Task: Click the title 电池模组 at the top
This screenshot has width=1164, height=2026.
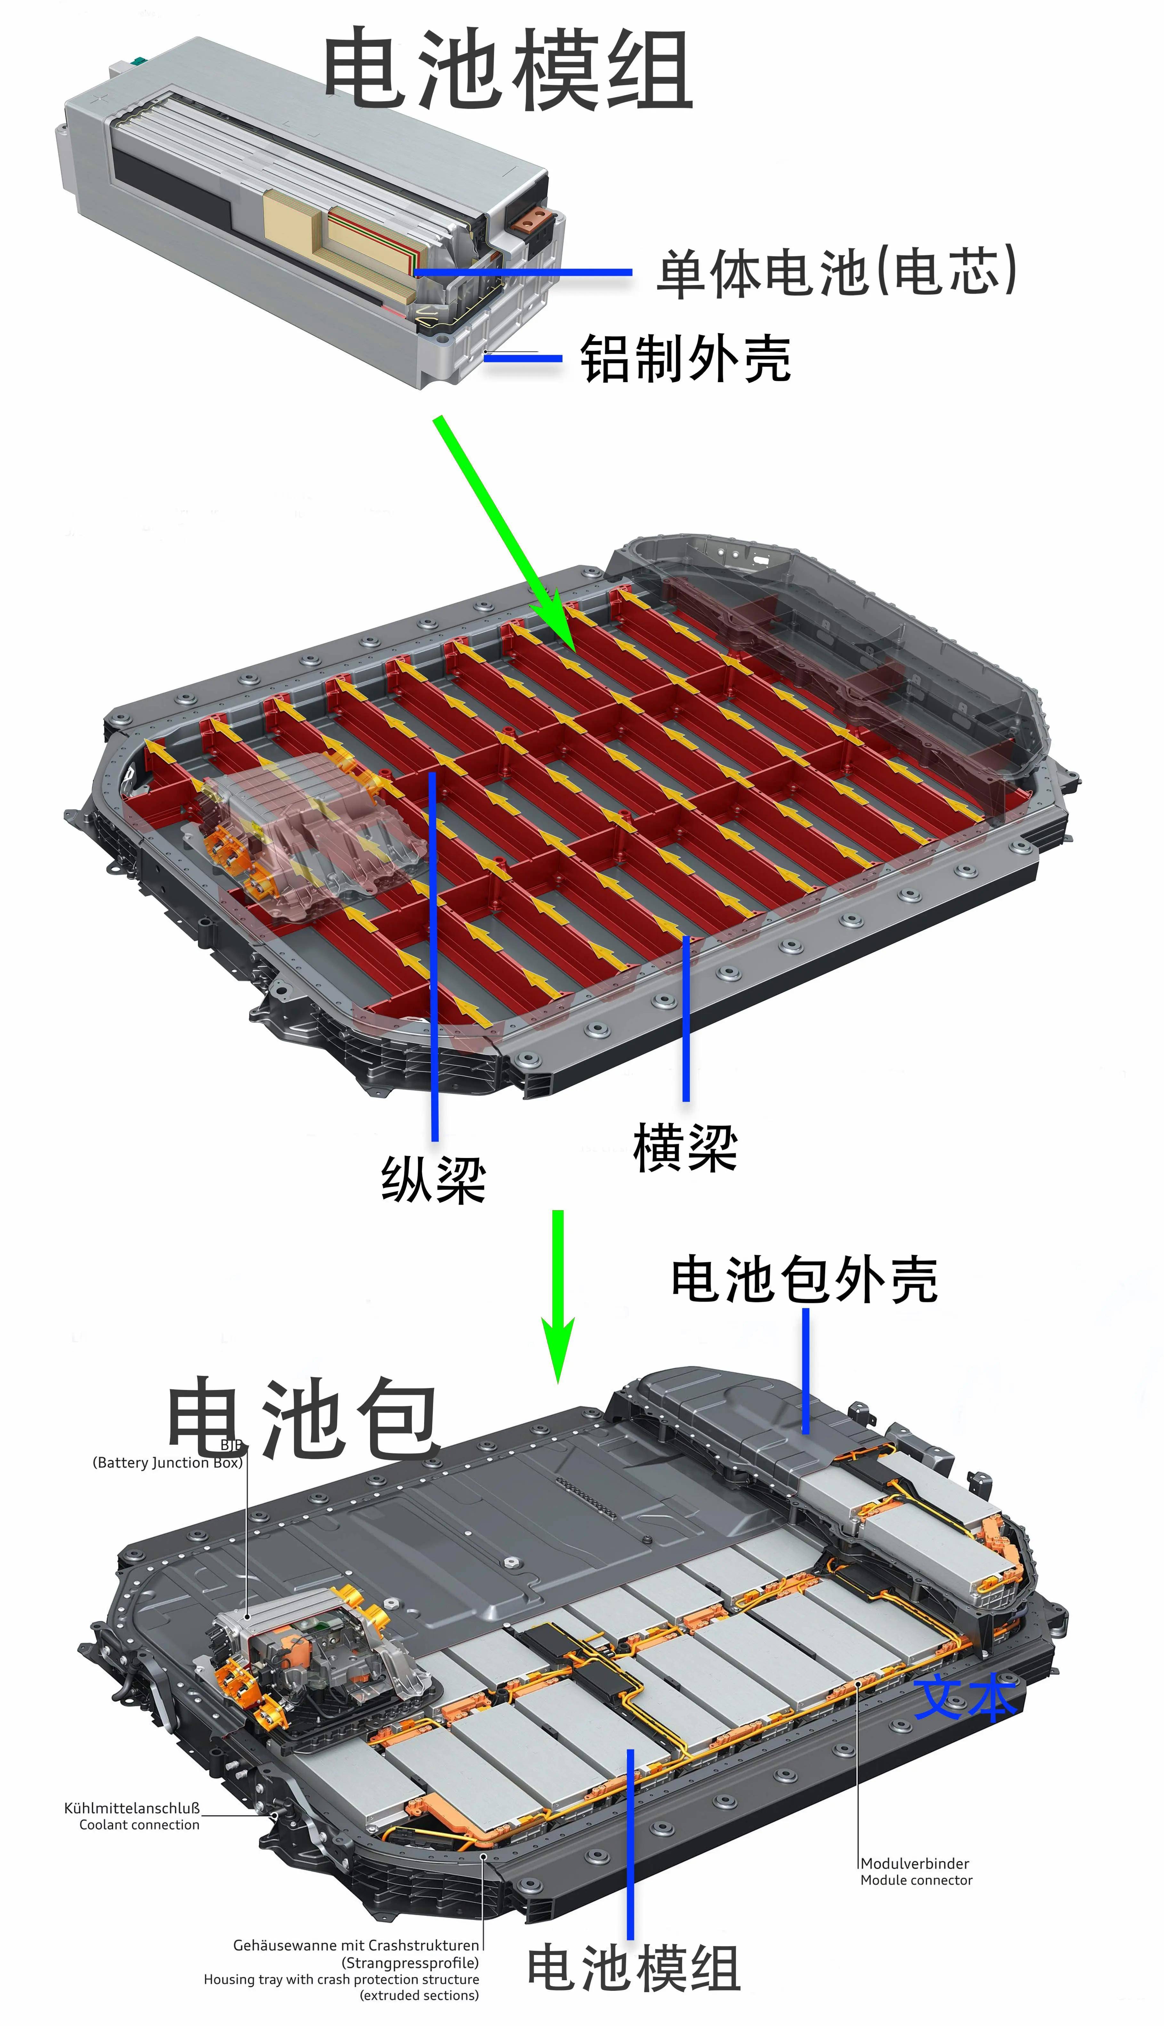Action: pos(508,70)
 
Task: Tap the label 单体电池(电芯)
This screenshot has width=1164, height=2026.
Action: pos(836,272)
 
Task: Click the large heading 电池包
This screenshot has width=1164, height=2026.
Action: pos(302,1417)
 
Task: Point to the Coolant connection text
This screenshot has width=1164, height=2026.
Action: pos(139,1825)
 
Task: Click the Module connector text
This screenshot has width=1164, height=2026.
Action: pos(916,1880)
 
